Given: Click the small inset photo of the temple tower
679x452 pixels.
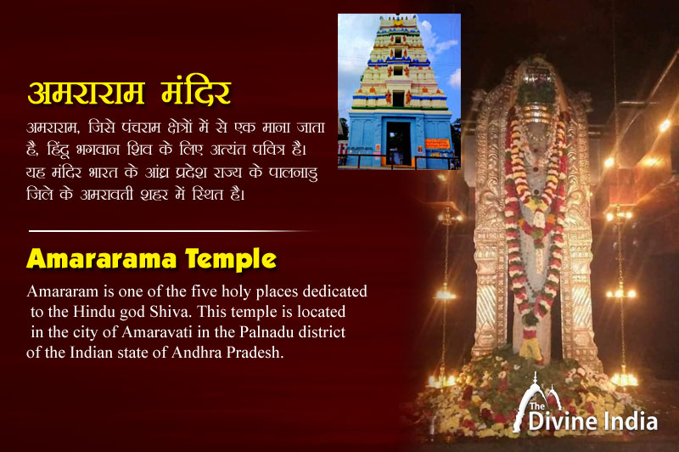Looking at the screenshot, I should pyautogui.click(x=399, y=91).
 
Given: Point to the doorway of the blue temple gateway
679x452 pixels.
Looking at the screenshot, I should pyautogui.click(x=398, y=142).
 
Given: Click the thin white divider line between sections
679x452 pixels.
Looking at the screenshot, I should pyautogui.click(x=170, y=230).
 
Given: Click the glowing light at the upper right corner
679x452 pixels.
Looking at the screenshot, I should pyautogui.click(x=665, y=125).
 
